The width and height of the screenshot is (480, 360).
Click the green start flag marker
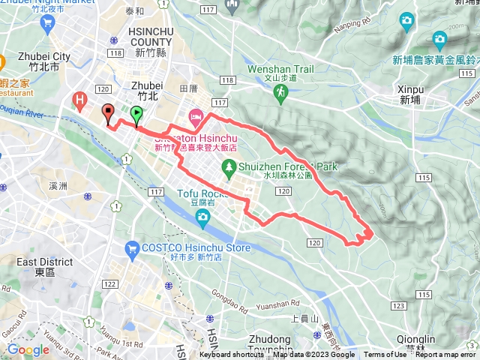click(136, 114)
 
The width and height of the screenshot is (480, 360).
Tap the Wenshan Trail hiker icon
click(280, 91)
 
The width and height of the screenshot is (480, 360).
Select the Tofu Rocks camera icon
click(202, 217)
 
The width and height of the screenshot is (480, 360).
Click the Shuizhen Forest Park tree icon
click(230, 172)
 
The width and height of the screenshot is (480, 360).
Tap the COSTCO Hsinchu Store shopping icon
click(132, 247)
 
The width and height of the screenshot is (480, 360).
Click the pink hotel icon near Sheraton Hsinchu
click(196, 115)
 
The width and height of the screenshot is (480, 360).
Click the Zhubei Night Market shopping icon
click(48, 22)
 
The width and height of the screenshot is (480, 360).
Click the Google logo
click(28, 349)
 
